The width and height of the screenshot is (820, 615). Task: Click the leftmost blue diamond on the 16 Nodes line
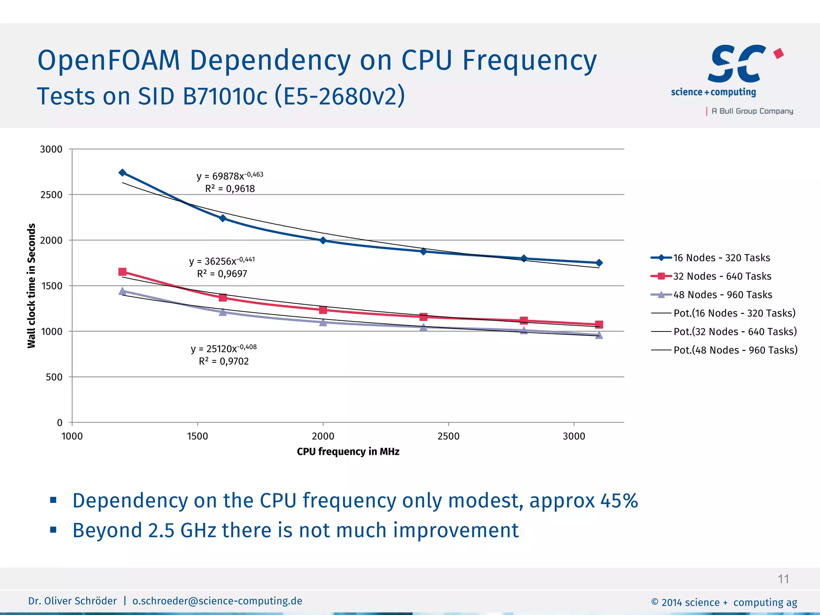(x=123, y=173)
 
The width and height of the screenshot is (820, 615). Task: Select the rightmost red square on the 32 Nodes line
(x=599, y=324)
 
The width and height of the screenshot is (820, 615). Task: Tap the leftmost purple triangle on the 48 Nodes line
(x=123, y=291)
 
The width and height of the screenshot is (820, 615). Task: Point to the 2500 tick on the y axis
(x=52, y=195)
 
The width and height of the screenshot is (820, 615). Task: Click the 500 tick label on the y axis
(x=54, y=377)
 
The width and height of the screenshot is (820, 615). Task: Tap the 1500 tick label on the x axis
(x=197, y=436)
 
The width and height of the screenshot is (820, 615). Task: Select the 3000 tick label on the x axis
(x=574, y=436)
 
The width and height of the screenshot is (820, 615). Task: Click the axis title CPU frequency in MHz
(x=348, y=452)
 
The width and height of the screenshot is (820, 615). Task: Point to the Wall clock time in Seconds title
(x=32, y=286)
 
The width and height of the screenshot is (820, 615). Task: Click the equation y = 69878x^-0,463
(x=230, y=176)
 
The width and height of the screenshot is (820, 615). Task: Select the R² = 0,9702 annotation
(x=224, y=362)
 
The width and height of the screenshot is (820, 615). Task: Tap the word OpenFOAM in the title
(x=109, y=61)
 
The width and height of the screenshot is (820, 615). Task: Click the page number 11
(x=783, y=579)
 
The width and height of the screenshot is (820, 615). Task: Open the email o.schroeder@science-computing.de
(x=217, y=601)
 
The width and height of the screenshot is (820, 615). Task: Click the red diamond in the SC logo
(x=778, y=53)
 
